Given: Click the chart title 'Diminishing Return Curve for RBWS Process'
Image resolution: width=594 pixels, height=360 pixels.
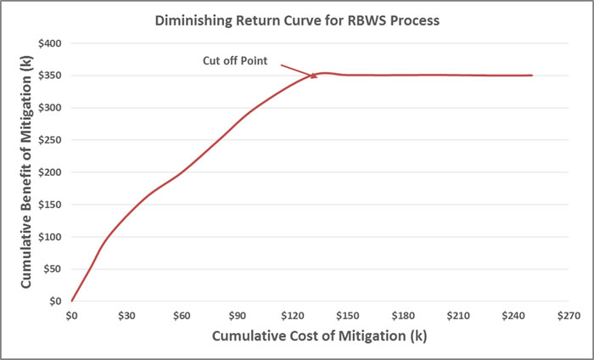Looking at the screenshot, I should (x=297, y=21).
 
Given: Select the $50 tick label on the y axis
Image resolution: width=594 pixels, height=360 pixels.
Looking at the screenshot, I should (x=53, y=269).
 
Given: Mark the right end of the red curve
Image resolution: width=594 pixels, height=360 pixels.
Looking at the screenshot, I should (x=531, y=76).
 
